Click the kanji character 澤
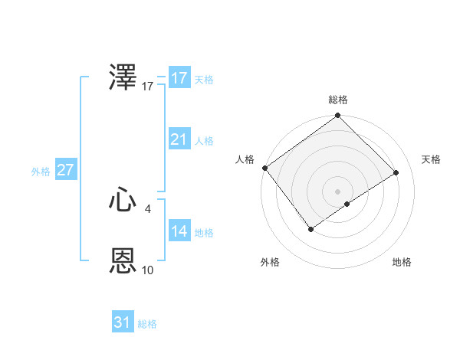[123, 78]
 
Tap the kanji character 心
[123, 201]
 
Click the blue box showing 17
[179, 78]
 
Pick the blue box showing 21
[179, 139]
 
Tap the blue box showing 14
[179, 231]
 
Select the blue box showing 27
[66, 170]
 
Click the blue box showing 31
[123, 322]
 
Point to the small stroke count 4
[147, 208]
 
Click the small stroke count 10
[148, 270]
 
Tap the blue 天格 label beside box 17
[204, 80]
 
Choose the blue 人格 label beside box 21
[204, 141]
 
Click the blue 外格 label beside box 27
[41, 172]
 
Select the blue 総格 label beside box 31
[147, 324]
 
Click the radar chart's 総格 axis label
[338, 100]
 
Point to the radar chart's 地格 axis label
[402, 262]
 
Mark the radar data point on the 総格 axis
[337, 116]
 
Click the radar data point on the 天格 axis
[396, 172]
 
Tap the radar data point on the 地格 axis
[347, 204]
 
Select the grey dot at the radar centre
[337, 191]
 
